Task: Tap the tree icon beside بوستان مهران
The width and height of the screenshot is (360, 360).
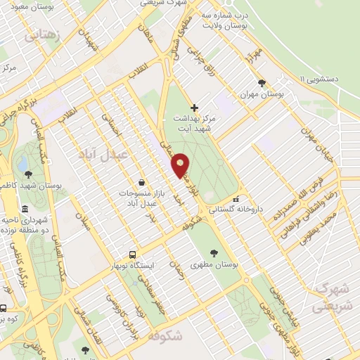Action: pos(262,82)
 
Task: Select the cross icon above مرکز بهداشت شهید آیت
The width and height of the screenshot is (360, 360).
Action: pos(195,108)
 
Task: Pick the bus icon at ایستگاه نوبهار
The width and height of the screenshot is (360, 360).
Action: pos(132,255)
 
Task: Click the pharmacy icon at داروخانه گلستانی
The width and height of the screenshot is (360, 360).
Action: pos(236,199)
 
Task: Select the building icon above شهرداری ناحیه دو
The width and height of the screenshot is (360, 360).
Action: pos(25,209)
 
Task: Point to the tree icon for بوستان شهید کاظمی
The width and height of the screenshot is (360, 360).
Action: pos(27,174)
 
